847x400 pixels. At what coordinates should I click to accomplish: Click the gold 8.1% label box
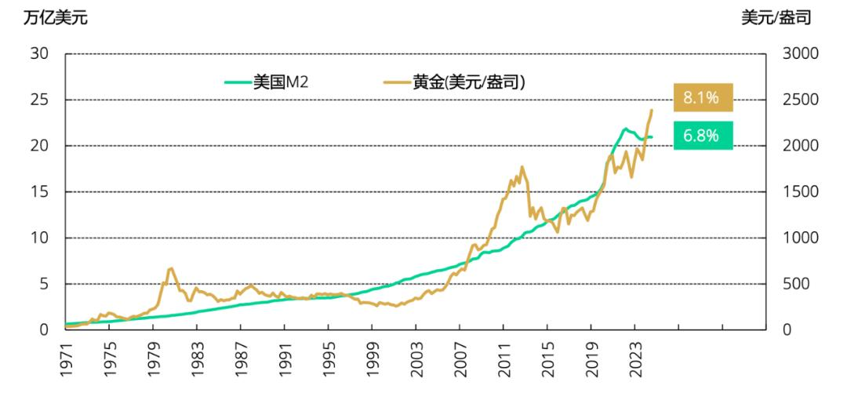pos(702,98)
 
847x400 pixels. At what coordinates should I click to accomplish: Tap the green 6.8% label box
pos(702,135)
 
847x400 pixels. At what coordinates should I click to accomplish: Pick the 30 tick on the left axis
pos(39,54)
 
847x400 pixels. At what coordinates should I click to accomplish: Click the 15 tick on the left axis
pos(39,191)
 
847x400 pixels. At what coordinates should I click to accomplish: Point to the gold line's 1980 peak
pos(170,268)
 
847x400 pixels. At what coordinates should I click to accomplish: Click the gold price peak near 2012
pos(522,167)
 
